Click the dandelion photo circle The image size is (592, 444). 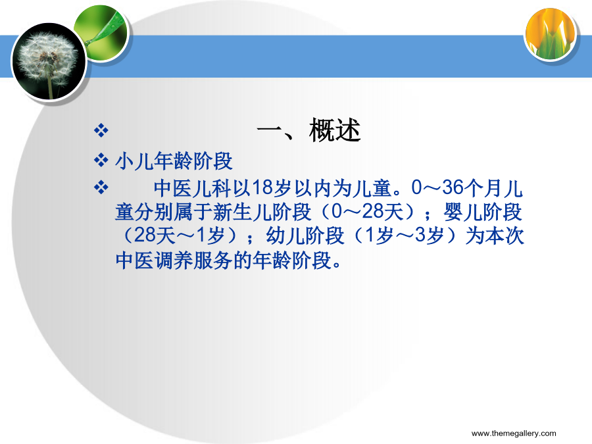tap(49, 61)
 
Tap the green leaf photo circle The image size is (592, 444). tap(101, 34)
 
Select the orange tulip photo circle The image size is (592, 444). tap(551, 35)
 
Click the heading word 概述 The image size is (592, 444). tap(335, 131)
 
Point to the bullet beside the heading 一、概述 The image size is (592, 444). tap(101, 131)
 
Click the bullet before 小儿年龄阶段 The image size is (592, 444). tap(101, 160)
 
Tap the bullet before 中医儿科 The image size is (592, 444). tap(101, 187)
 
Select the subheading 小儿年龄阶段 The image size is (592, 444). tap(174, 161)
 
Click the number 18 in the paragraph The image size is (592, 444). tap(262, 187)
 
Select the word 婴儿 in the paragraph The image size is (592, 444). tap(463, 212)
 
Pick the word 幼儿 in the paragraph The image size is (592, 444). tap(286, 236)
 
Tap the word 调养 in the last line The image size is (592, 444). tap(174, 260)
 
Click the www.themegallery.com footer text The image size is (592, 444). tap(514, 433)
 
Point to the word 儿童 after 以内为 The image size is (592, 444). tap(372, 188)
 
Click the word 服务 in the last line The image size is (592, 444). tap(213, 260)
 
